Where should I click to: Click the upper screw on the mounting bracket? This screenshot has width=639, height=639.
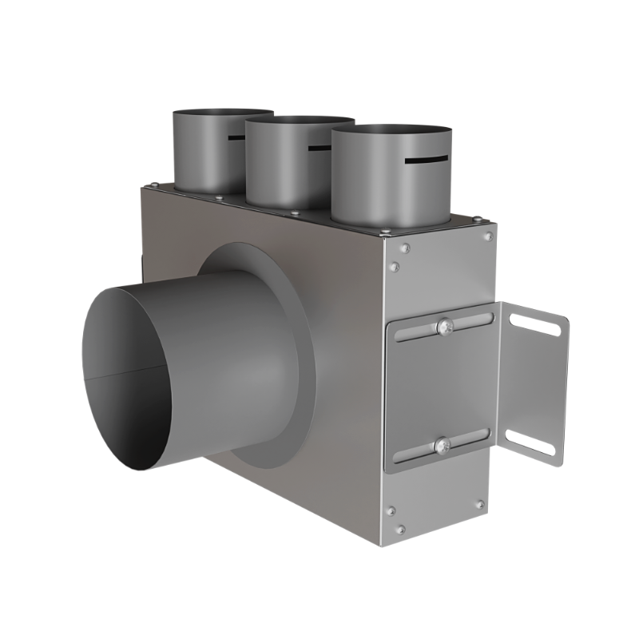tap(444, 326)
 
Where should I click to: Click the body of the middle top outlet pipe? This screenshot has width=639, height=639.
tap(288, 168)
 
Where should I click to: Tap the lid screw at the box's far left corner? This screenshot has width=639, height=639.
tap(153, 186)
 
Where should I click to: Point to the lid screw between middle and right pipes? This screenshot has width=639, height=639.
tap(295, 212)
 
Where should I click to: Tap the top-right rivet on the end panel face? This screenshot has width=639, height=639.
tap(488, 236)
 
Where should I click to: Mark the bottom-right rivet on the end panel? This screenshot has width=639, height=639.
tap(479, 504)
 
